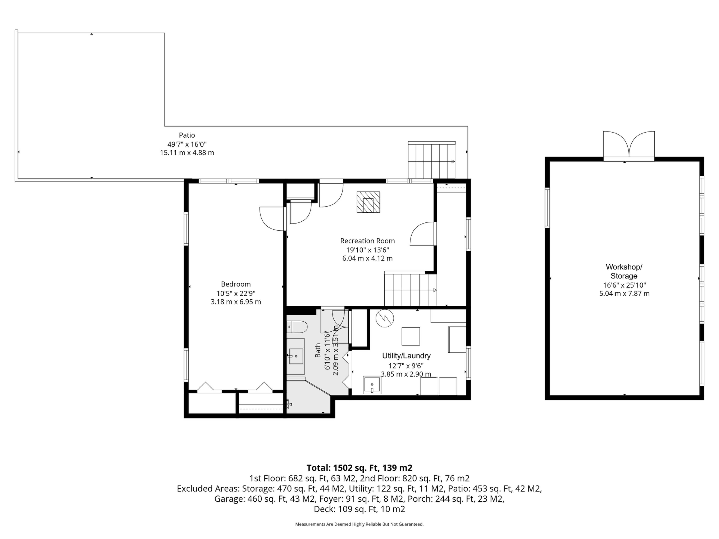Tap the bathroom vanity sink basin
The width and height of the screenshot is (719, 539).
tap(296, 356)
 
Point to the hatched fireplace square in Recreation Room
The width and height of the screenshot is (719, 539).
tap(368, 202)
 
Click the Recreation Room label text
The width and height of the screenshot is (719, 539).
tap(368, 241)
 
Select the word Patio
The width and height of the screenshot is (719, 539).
tap(187, 135)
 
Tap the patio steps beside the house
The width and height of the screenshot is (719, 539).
tap(432, 160)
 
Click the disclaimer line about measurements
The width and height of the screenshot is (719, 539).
tap(359, 524)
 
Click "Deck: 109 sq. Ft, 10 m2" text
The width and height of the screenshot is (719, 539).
tap(359, 509)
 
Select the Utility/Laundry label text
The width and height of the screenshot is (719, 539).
tap(406, 356)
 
